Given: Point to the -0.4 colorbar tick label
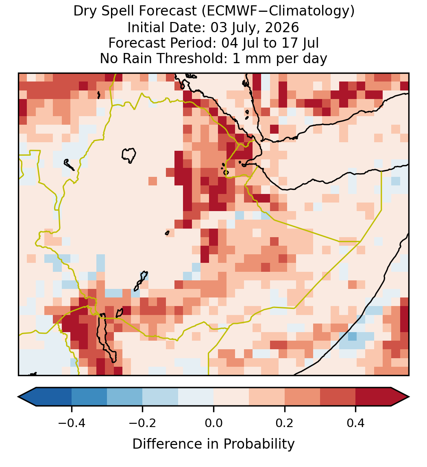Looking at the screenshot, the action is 71,423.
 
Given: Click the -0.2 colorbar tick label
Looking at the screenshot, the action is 142,423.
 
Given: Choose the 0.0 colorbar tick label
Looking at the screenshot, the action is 213,423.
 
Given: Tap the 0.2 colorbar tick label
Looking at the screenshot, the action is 285,423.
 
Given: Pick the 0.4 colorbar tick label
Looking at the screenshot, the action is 356,423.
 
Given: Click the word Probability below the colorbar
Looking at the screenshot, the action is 259,444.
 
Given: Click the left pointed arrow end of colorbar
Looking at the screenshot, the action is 18,397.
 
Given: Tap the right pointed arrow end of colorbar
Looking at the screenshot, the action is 409,397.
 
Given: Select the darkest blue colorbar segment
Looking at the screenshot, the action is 54,397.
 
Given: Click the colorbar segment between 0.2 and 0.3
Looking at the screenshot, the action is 302,397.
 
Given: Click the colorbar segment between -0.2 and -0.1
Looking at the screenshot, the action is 160,397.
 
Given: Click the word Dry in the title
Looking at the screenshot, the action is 85,11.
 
